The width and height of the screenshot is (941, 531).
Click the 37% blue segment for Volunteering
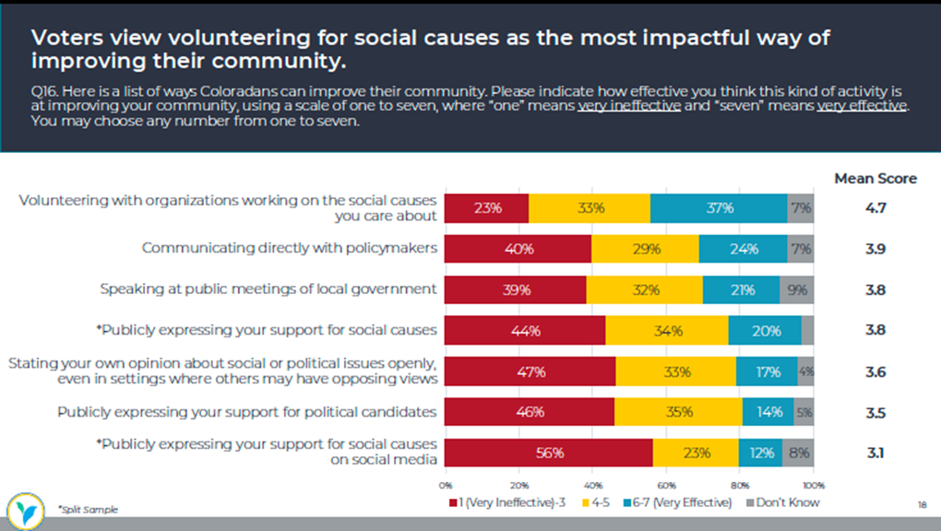(x=719, y=208)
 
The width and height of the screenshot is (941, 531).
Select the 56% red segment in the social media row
(x=548, y=453)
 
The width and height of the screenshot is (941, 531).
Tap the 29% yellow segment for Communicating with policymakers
(x=645, y=249)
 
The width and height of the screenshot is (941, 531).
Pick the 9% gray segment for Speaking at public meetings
(x=797, y=289)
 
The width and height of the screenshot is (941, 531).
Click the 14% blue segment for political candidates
(x=768, y=412)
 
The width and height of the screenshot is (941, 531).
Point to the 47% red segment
(x=530, y=372)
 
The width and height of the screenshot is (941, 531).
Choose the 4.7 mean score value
(x=875, y=208)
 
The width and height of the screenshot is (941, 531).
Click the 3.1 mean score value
(x=875, y=453)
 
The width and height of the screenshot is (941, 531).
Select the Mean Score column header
(x=875, y=179)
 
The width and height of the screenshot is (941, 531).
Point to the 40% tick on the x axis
(x=592, y=484)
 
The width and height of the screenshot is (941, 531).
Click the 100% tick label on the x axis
(x=813, y=484)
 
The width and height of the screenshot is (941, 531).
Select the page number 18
(x=922, y=505)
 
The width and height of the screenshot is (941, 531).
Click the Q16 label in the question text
(x=43, y=92)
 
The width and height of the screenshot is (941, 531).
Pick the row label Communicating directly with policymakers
(x=289, y=248)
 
